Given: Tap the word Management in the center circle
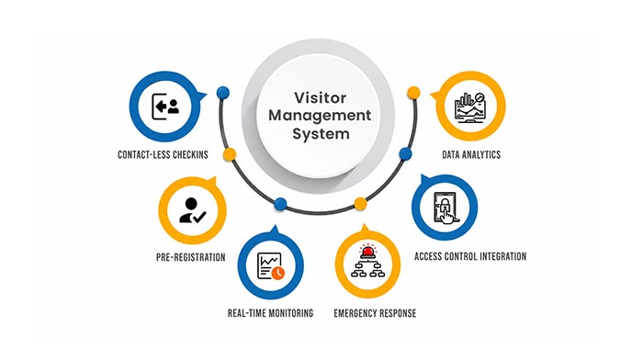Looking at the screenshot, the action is pyautogui.click(x=320, y=116).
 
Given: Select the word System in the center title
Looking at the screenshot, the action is pyautogui.click(x=321, y=134).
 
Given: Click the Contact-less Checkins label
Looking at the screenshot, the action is pyautogui.click(x=163, y=154).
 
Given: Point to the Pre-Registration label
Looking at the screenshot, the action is pyautogui.click(x=191, y=257).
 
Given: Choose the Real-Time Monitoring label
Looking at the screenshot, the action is pyautogui.click(x=270, y=313).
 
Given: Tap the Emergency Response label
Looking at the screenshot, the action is pyautogui.click(x=375, y=313).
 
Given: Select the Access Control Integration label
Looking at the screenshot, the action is pyautogui.click(x=470, y=256).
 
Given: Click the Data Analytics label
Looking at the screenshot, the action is pyautogui.click(x=471, y=154).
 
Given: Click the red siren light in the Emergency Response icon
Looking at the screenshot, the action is pyautogui.click(x=367, y=251).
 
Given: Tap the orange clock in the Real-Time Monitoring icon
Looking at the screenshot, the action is pyautogui.click(x=278, y=273).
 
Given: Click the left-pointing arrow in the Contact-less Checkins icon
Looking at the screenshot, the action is pyautogui.click(x=161, y=107).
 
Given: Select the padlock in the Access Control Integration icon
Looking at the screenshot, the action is pyautogui.click(x=444, y=203).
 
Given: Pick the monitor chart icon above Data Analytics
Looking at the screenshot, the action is pyautogui.click(x=470, y=107).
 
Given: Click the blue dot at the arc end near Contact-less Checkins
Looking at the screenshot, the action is pyautogui.click(x=223, y=93).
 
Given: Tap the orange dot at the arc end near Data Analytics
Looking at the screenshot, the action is pyautogui.click(x=413, y=93).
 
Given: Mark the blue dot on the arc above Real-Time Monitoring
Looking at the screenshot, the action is pyautogui.click(x=280, y=204).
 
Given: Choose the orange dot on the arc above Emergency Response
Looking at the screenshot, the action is pyautogui.click(x=360, y=204).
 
